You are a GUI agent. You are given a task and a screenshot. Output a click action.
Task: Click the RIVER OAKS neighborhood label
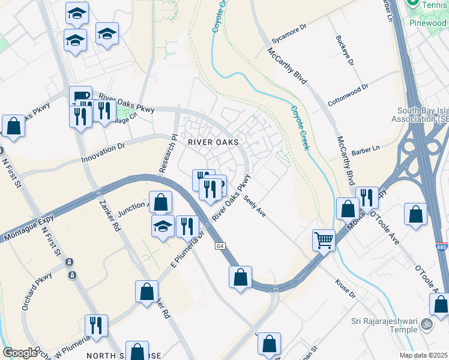(213, 142)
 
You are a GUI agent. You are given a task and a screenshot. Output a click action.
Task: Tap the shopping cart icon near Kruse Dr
(324, 240)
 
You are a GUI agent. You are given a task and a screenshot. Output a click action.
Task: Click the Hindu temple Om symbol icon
(427, 323)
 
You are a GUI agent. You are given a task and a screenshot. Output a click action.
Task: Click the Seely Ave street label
(255, 206)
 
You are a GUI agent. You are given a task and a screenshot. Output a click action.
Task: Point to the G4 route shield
(220, 246)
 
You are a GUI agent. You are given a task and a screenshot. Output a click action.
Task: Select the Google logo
(20, 353)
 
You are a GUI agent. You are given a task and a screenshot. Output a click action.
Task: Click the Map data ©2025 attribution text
(423, 355)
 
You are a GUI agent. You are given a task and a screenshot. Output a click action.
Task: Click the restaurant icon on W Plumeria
(96, 326)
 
